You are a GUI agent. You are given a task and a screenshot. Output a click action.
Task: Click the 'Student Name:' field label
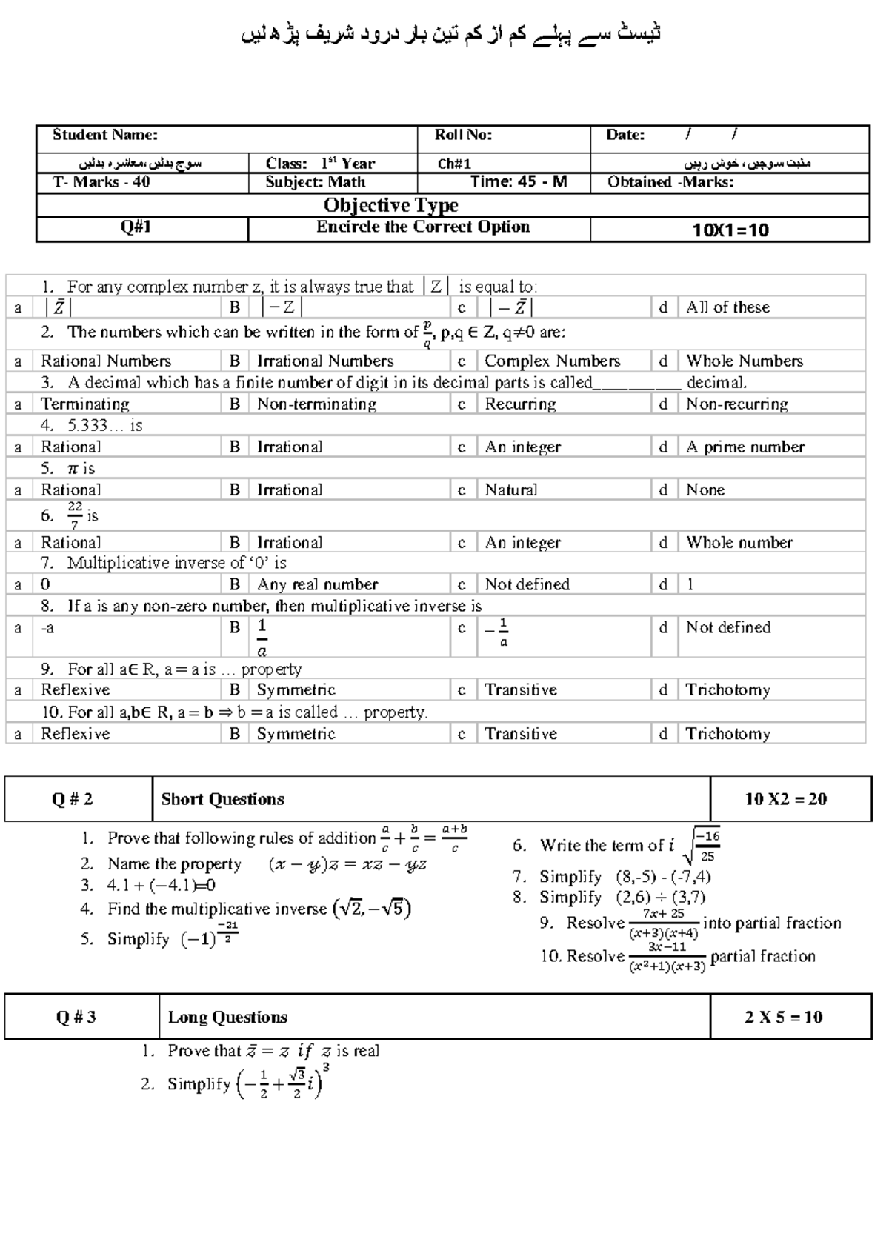104,135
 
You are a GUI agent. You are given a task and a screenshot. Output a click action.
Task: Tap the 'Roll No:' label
463,135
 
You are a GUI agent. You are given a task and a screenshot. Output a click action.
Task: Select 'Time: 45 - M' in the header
519,182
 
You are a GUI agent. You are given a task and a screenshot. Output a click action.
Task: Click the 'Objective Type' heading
390,205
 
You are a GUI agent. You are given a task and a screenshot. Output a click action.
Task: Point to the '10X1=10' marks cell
730,230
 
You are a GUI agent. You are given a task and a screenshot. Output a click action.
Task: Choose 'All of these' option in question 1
727,307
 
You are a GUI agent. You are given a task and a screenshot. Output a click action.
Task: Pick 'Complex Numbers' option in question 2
552,361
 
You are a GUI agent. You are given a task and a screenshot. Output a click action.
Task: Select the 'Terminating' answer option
84,404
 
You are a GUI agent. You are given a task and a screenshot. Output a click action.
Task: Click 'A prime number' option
745,447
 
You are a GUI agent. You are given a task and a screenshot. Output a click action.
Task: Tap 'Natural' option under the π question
511,490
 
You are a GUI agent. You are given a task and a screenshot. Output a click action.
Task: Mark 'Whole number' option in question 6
739,543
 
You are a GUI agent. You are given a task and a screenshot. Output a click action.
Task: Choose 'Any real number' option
317,585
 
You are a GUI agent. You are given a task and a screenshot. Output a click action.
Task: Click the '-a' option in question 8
47,628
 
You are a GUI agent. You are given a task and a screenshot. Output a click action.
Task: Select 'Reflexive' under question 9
75,690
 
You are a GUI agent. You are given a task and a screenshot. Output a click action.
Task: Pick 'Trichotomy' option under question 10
727,734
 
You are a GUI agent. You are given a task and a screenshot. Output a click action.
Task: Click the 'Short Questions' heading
222,799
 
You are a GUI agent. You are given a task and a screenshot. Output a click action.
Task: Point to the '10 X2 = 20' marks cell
785,799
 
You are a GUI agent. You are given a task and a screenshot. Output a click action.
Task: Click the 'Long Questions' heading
227,1018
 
